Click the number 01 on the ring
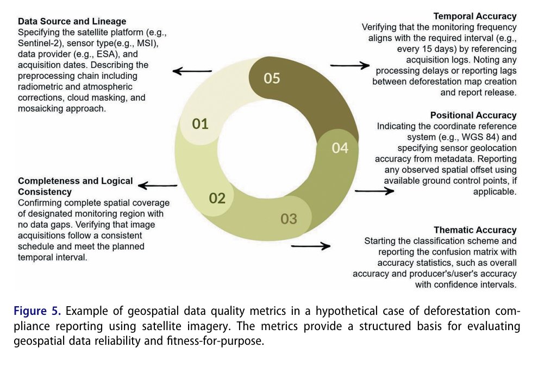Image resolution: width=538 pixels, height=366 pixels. (x=201, y=124)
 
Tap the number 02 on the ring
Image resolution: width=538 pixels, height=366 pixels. (x=217, y=198)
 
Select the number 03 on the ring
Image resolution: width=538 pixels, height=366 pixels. (x=289, y=219)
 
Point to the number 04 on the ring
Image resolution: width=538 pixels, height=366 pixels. (x=340, y=147)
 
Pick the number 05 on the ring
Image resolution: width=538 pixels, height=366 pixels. (x=272, y=78)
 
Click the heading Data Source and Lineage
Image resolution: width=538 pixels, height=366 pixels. (x=72, y=22)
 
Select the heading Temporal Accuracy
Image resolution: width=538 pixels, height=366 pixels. (x=475, y=16)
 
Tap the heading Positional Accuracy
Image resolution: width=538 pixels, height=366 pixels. (x=473, y=115)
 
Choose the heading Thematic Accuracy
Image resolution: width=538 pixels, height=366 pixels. (x=475, y=230)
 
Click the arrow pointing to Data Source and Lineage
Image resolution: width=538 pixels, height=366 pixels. (x=192, y=71)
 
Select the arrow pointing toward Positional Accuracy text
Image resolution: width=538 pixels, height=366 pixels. (x=374, y=191)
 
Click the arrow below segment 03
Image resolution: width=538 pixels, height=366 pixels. (x=311, y=246)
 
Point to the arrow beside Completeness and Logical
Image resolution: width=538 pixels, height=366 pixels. (x=158, y=186)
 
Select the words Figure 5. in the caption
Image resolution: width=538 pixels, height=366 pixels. (x=39, y=312)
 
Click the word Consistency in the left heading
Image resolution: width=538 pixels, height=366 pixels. (x=45, y=193)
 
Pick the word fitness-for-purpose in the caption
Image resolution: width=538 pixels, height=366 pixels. (x=216, y=342)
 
